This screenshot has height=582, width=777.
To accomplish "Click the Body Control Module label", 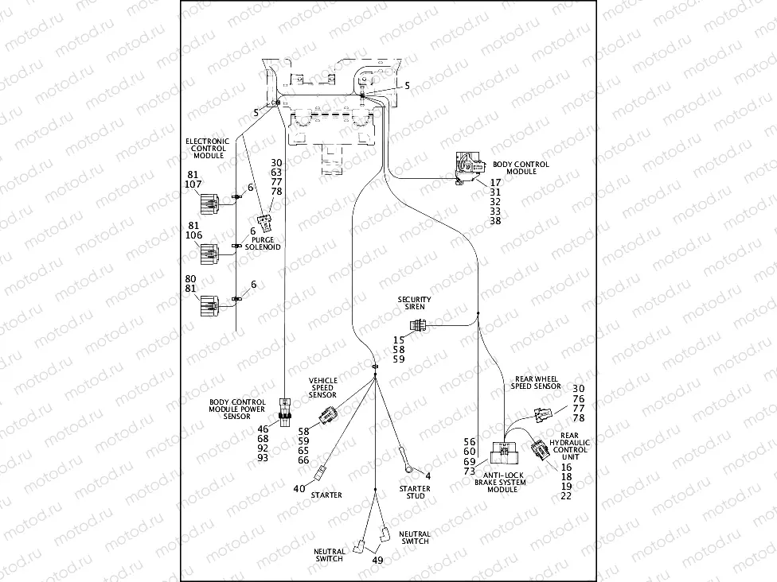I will (521, 168).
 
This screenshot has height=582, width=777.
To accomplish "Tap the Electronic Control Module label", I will (207, 148).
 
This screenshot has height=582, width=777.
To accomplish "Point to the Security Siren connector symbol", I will (418, 325).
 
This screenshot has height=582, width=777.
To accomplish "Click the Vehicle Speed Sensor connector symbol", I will (327, 414).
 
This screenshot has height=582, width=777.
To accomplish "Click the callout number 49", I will (378, 560).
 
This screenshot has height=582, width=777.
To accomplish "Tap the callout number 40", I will (299, 489).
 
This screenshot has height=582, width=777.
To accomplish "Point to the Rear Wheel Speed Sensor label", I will (536, 382).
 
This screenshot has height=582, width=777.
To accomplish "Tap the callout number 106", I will (193, 235).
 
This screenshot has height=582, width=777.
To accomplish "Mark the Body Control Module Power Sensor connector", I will (285, 409).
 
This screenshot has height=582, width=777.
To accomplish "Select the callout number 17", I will (495, 182).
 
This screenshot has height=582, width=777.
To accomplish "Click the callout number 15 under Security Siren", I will (399, 339).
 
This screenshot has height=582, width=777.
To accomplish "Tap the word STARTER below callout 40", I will (326, 495).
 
